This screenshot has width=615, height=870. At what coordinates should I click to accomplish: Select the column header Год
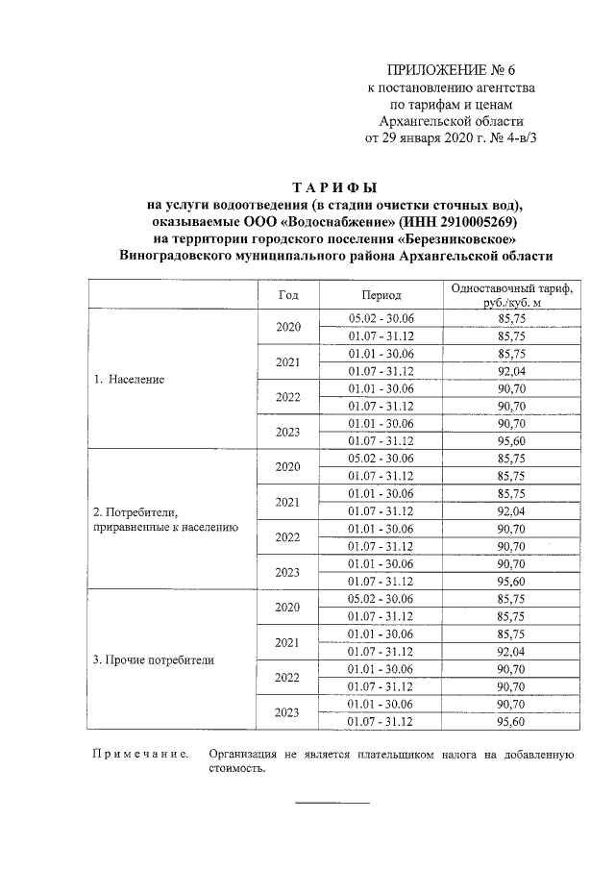tap(288, 294)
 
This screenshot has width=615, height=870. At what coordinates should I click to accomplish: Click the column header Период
tap(381, 295)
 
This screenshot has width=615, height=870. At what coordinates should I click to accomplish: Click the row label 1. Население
tap(129, 379)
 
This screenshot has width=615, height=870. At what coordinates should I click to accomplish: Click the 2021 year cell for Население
tap(288, 361)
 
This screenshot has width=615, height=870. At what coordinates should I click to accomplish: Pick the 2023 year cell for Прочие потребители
tap(288, 713)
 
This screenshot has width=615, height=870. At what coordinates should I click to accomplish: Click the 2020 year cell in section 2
tap(288, 466)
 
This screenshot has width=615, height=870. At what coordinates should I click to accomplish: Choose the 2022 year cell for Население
tap(288, 396)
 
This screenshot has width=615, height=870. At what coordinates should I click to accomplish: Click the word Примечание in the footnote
tap(137, 756)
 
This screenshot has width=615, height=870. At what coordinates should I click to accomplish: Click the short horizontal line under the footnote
tap(332, 803)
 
